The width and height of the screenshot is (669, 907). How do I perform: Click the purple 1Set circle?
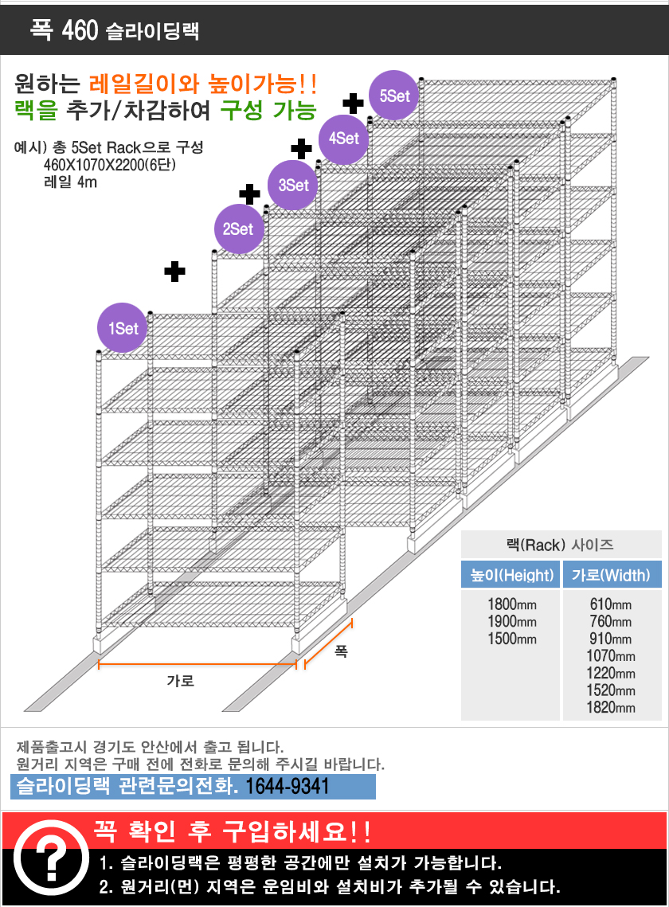(x=123, y=328)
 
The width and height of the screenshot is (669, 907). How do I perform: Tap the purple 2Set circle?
(x=237, y=229)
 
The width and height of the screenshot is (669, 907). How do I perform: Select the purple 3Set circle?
(x=293, y=186)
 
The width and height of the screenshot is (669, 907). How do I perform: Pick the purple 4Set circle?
(x=344, y=138)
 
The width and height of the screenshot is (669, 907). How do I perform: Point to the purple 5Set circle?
(x=394, y=96)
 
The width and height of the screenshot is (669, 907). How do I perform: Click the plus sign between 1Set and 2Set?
(x=175, y=272)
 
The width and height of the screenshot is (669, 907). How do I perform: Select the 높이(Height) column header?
(x=511, y=575)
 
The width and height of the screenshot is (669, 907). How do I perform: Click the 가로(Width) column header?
(x=612, y=575)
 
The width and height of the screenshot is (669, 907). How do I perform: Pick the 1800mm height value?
(x=511, y=604)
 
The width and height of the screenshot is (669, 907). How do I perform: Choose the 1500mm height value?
(x=511, y=639)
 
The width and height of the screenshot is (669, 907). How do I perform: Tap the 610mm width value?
(x=612, y=604)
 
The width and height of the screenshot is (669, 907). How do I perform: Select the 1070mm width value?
(x=612, y=656)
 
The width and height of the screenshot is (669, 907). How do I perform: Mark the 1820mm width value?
(x=612, y=708)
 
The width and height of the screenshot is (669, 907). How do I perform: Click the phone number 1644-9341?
(x=288, y=787)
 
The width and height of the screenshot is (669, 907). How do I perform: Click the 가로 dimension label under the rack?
(x=180, y=681)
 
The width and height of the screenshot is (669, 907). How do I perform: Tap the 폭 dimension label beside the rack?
(x=341, y=651)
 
